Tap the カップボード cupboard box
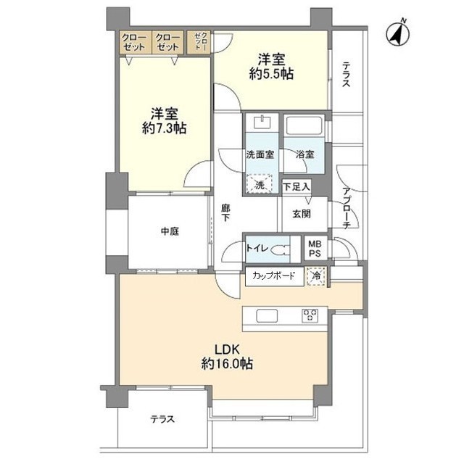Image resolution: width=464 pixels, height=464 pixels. [273, 275]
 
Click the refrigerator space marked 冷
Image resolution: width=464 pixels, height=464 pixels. [316, 275]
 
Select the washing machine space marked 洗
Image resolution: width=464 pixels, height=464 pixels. [260, 185]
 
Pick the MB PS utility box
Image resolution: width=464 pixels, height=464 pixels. [316, 248]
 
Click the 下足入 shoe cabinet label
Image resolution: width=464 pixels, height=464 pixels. [296, 186]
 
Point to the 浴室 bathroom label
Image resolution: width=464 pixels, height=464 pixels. [304, 154]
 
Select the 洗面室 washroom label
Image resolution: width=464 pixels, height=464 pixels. [260, 154]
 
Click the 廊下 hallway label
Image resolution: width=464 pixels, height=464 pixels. [225, 212]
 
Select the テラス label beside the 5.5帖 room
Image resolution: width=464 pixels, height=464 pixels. [346, 75]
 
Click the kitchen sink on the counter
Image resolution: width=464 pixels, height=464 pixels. [265, 315]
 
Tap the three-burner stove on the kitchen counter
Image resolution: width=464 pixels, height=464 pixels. [311, 315]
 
